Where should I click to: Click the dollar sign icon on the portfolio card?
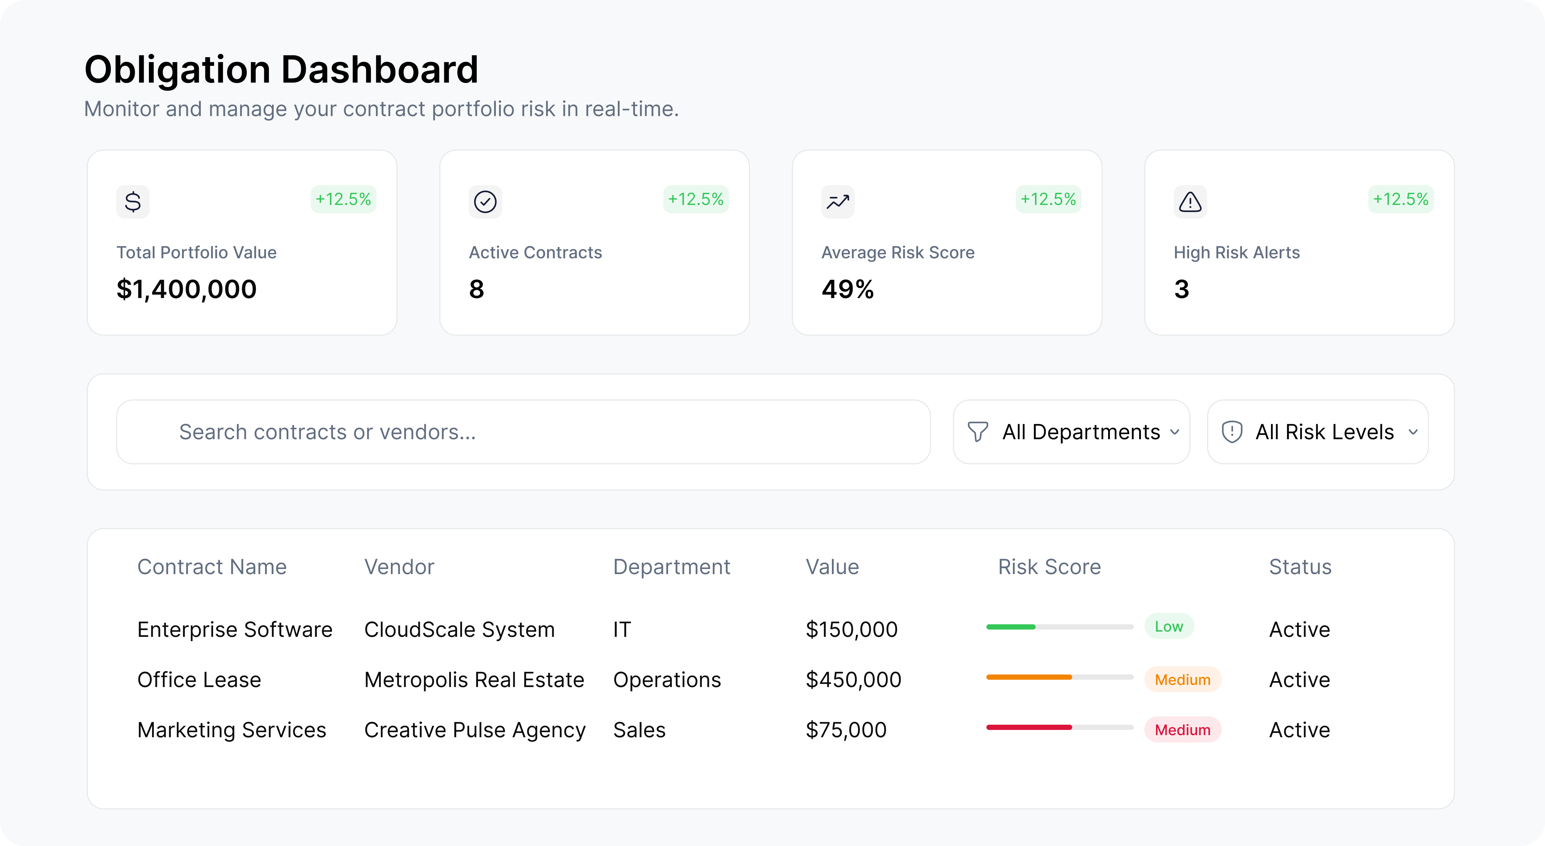[x=132, y=201]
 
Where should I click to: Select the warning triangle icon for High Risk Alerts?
[x=1190, y=201]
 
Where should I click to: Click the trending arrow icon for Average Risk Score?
[x=837, y=201]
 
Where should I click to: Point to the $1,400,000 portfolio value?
[x=187, y=289]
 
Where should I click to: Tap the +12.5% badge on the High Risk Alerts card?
[x=1400, y=199]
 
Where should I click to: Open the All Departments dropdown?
[x=1071, y=432]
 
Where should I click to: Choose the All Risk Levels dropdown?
[x=1318, y=432]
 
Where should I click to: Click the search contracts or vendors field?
[x=523, y=432]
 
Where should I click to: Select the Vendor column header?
[x=399, y=566]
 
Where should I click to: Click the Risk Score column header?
[x=1049, y=566]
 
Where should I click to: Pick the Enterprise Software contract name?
[x=235, y=630]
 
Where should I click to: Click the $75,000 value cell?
[x=846, y=730]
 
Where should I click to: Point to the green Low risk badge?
[x=1169, y=626]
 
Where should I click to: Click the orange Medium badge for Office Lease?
[x=1182, y=679]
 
